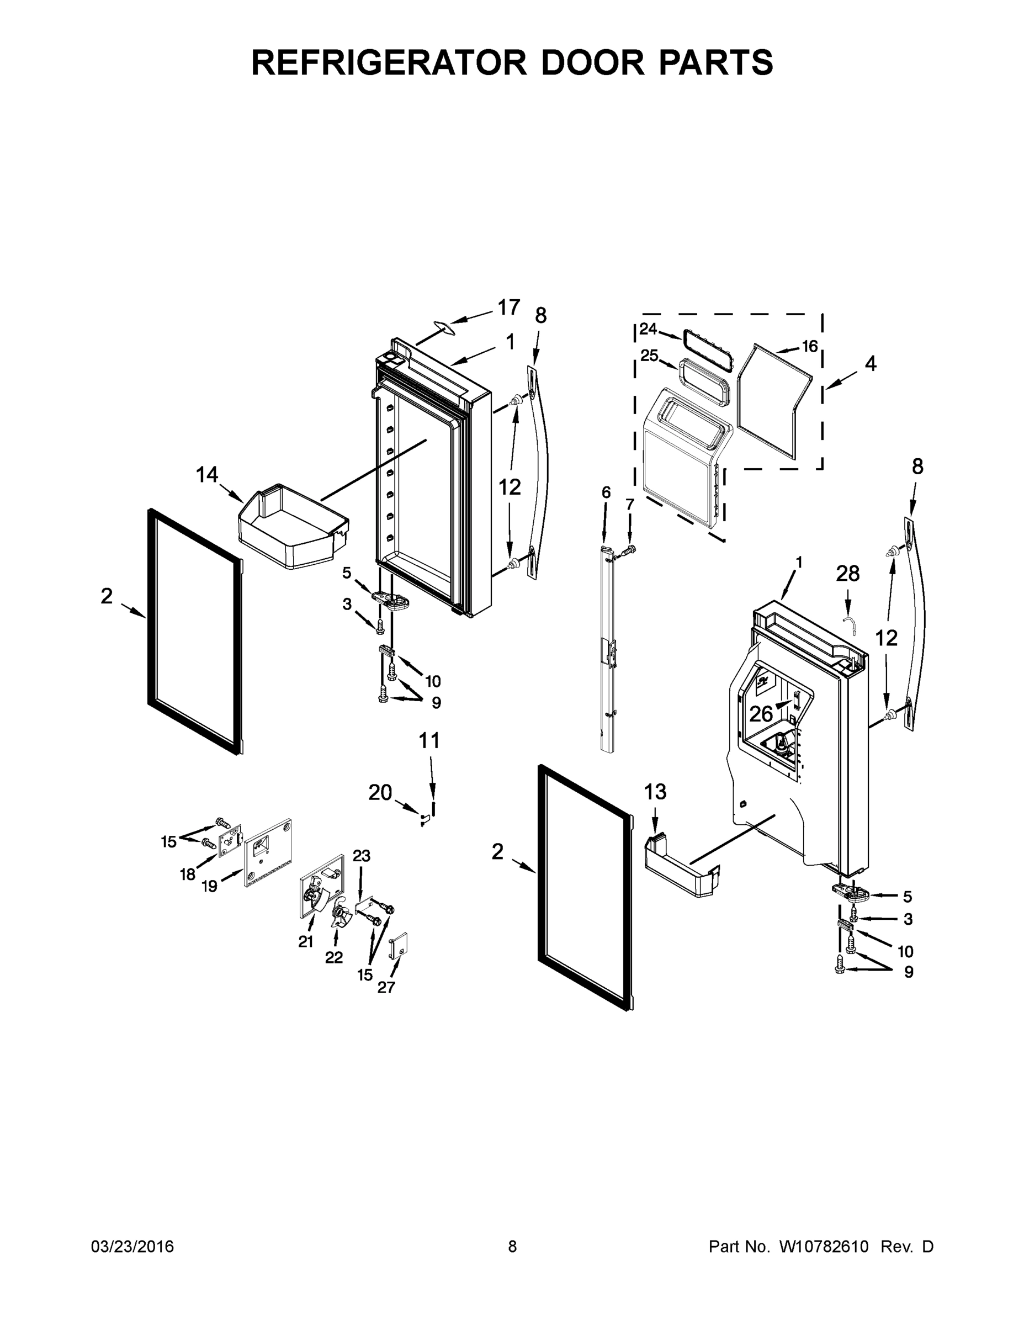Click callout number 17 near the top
509,308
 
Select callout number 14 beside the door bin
207,474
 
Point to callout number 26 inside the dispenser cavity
761,714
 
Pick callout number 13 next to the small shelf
655,792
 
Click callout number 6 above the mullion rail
606,492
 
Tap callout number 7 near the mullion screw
629,504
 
